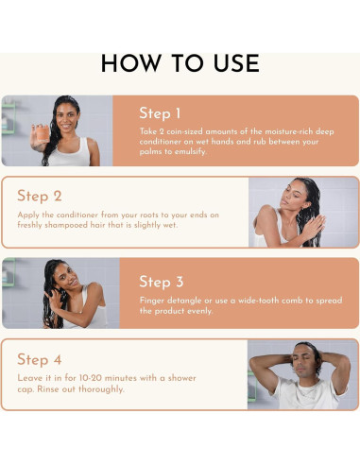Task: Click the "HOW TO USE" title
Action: (180, 63)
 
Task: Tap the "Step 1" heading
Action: (160, 113)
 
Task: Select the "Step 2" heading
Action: (40, 196)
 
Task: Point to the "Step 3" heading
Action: (161, 282)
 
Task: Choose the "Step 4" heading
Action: (40, 359)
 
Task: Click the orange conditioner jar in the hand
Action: (43, 133)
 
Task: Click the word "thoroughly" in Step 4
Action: (101, 389)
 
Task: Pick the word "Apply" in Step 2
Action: (28, 215)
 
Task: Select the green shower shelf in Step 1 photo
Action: (8, 118)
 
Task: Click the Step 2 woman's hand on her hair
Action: (316, 226)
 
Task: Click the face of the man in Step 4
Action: (303, 361)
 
